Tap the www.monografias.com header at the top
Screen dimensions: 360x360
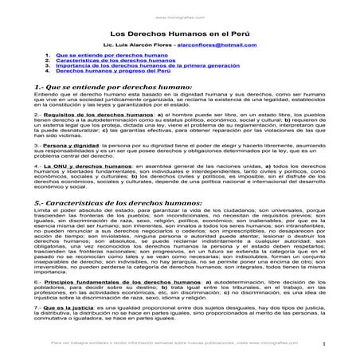point(179,14)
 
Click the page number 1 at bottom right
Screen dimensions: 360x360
point(337,344)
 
